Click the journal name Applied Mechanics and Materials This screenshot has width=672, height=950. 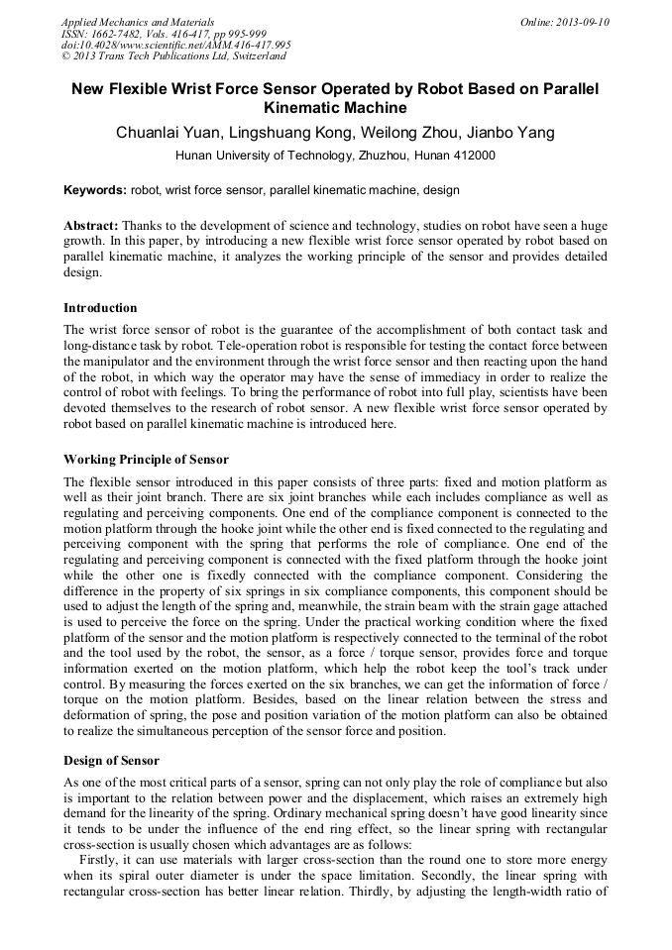click(137, 22)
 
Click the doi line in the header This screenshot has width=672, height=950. click(175, 45)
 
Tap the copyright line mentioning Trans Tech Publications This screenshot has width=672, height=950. click(173, 56)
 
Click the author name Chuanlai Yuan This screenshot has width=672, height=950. click(165, 133)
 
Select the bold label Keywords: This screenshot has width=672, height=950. click(94, 189)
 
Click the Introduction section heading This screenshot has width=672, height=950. click(100, 308)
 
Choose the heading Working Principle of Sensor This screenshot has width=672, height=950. click(146, 460)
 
